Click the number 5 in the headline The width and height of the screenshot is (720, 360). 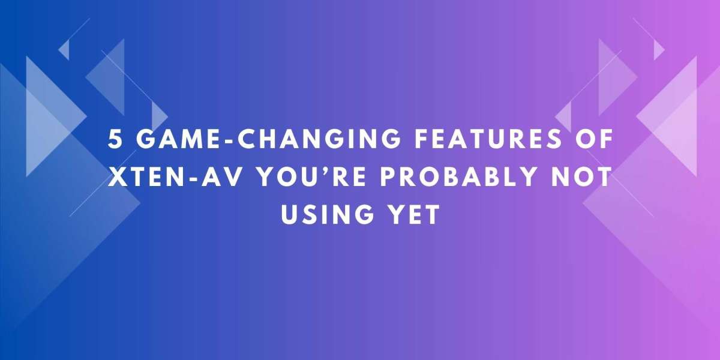[x=114, y=139]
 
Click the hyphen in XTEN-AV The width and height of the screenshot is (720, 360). [x=193, y=178]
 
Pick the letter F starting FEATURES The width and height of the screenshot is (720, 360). [x=422, y=139]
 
